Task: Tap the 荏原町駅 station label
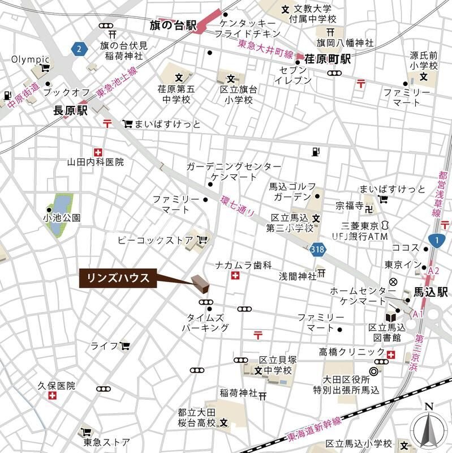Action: coord(328,58)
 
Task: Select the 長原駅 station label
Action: coord(71,111)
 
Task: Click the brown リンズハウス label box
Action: coord(118,278)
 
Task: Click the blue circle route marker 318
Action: coord(318,249)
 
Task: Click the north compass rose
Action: coord(428,428)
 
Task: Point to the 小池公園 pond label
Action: coord(62,217)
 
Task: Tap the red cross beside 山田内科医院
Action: coord(98,152)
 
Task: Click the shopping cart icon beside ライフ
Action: coord(124,345)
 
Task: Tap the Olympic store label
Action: coord(31,59)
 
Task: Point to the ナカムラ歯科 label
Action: coord(243,265)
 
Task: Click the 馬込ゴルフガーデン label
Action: coord(290,191)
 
